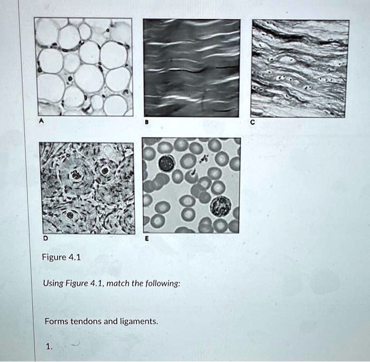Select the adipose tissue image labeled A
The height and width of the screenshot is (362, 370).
coord(84,67)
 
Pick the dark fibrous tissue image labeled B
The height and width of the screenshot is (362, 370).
coord(191,68)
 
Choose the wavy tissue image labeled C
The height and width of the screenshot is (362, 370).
coord(300,68)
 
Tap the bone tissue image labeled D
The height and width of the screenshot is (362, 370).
coord(87,187)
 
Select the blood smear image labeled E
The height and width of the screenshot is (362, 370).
coord(191,185)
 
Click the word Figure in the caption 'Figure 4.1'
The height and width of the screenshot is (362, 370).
coord(54,258)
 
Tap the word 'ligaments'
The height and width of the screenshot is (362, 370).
coord(140,321)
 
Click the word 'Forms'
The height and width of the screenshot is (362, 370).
coord(55,321)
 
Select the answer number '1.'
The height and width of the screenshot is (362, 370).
coord(49,347)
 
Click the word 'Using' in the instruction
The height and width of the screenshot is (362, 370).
coord(53,284)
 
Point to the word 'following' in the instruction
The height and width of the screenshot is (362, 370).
coord(161,284)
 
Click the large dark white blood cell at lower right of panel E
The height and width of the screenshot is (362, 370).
coord(220,205)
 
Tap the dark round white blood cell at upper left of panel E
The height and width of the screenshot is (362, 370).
coord(166,163)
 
